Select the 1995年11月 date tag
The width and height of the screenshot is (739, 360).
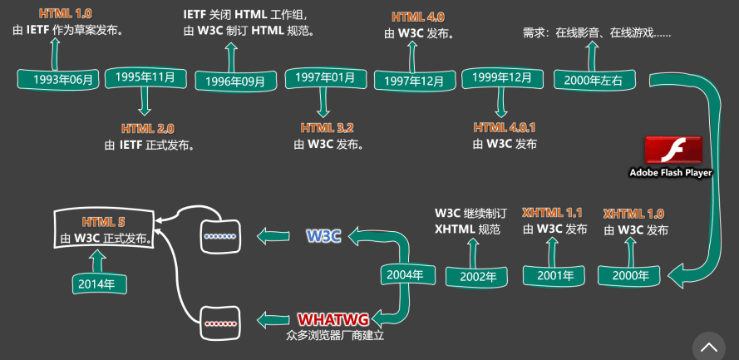[145, 77]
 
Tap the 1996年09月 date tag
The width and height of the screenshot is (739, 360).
[230, 81]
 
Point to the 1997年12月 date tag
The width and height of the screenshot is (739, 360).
[410, 80]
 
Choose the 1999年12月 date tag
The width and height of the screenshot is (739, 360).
[501, 77]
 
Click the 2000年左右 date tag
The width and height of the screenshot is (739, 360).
[590, 80]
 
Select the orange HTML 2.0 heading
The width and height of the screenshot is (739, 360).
[148, 129]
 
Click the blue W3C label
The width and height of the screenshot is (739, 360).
[323, 235]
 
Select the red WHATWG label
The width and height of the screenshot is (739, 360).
[334, 319]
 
